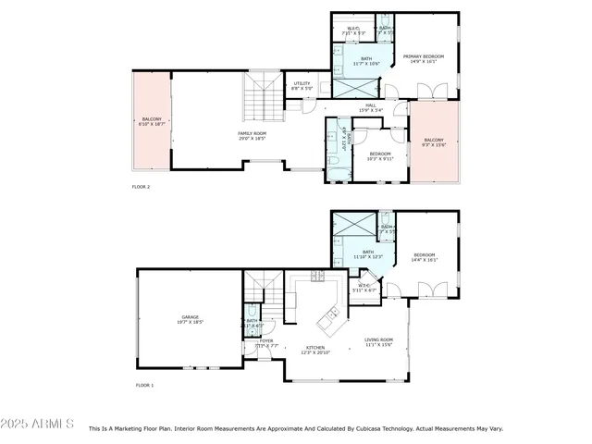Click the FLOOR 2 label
pos(141,187)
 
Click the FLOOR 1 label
pos(144,385)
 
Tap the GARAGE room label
pos(190,319)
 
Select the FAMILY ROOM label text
pos(252,135)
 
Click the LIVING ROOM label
pos(379,341)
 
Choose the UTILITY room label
pos(302,85)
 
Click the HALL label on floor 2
pos(370,107)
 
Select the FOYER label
pos(266,342)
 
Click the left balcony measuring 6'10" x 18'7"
pos(152,121)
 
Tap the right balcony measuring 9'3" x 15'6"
pos(434,142)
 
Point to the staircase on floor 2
pos(258,95)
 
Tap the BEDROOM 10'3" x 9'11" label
pos(380,156)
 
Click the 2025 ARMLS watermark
pos(39,424)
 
